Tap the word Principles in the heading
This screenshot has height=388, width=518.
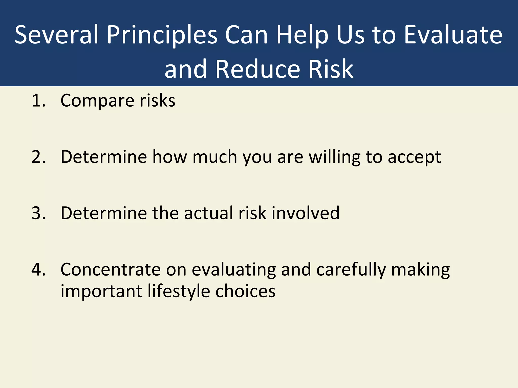pos(162,35)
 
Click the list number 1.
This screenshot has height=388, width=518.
pos(38,101)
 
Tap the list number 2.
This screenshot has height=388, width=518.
pos(38,157)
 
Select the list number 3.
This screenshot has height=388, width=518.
pos(38,213)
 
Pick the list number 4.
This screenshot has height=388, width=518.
pos(38,270)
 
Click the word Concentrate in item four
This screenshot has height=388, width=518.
pos(111,270)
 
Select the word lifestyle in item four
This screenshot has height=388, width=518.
pos(179,292)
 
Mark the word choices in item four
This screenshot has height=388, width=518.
pos(245,291)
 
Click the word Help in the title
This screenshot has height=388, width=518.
pos(302,35)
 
